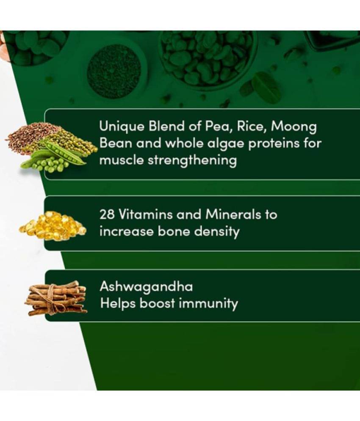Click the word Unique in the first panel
point(122,127)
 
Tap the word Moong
point(294,127)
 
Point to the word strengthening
point(192,161)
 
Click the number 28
point(107,214)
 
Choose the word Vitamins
point(145,214)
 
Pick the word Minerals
point(233,214)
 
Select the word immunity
point(208,304)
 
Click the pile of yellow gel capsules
point(53,226)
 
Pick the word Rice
point(252,127)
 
